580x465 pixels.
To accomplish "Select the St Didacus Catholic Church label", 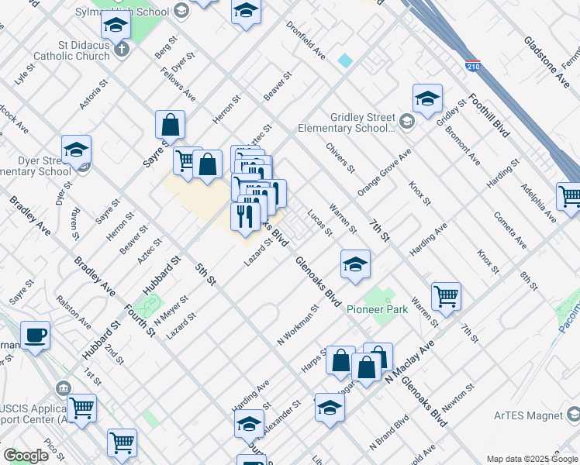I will (76, 50).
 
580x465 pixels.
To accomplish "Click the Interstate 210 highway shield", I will (472, 65).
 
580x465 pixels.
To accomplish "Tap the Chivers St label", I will (340, 157).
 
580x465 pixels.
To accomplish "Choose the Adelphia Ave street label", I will (538, 202).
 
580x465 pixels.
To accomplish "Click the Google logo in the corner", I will (26, 456).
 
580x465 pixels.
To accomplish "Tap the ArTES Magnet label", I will (528, 415).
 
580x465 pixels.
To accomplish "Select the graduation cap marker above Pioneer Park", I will (355, 265).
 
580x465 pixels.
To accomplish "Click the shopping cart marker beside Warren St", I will (446, 295).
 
